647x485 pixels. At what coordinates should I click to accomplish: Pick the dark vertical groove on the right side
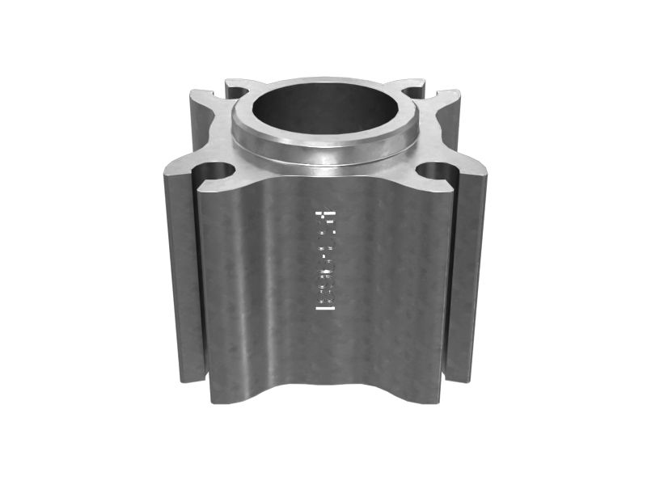tap(450, 275)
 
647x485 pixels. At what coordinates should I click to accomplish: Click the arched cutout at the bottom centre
tap(323, 380)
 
